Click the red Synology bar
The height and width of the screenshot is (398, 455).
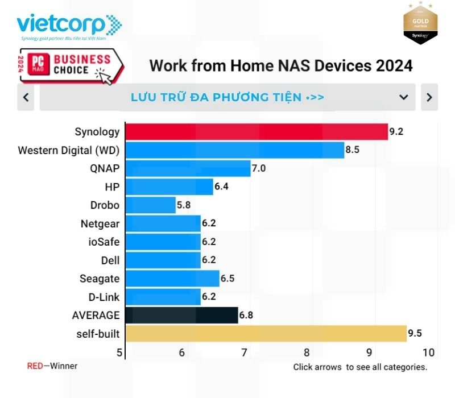(x=256, y=132)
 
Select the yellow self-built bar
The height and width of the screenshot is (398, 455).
(x=266, y=333)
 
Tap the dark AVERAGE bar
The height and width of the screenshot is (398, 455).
(x=181, y=315)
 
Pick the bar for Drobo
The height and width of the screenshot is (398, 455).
(x=150, y=205)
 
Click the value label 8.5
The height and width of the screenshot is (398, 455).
(x=353, y=150)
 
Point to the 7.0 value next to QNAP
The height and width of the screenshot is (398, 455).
(x=259, y=168)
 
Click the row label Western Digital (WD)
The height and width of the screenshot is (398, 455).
(x=69, y=150)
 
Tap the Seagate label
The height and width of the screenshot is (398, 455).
(x=100, y=279)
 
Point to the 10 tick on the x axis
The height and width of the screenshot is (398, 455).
(x=428, y=353)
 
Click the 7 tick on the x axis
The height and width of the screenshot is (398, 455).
(x=244, y=353)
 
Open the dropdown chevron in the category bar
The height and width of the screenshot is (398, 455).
(x=404, y=97)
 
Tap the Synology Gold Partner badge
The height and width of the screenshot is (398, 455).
(x=420, y=24)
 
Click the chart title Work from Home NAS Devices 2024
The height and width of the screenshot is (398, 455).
(x=281, y=65)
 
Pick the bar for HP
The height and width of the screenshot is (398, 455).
(x=169, y=186)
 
